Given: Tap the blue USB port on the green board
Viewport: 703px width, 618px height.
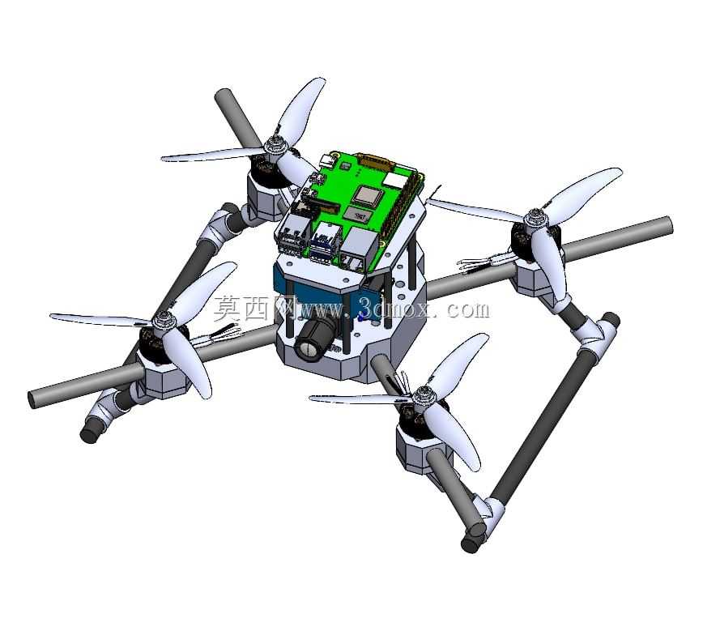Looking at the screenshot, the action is pos(320,242).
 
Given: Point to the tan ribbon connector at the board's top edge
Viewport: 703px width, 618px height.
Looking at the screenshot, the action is pos(376,160).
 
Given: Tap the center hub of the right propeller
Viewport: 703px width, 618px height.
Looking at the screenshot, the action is pos(535,218).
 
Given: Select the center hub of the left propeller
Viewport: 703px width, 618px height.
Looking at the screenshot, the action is pos(162,320).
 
